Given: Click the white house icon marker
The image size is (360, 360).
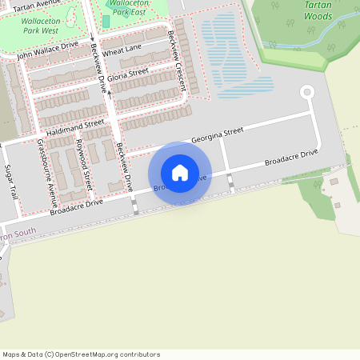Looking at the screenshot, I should tap(180, 172).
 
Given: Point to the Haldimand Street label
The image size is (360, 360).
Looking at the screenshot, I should tap(75, 127).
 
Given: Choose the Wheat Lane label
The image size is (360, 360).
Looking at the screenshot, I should tap(122, 50).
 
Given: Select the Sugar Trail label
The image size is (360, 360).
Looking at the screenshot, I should tap(11, 182).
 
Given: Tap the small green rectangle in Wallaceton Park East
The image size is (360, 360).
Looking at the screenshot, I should tap(106, 20).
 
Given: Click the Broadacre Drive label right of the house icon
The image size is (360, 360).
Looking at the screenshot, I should tap(290, 157).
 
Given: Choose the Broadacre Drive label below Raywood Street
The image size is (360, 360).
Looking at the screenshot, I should tap(76, 207).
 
